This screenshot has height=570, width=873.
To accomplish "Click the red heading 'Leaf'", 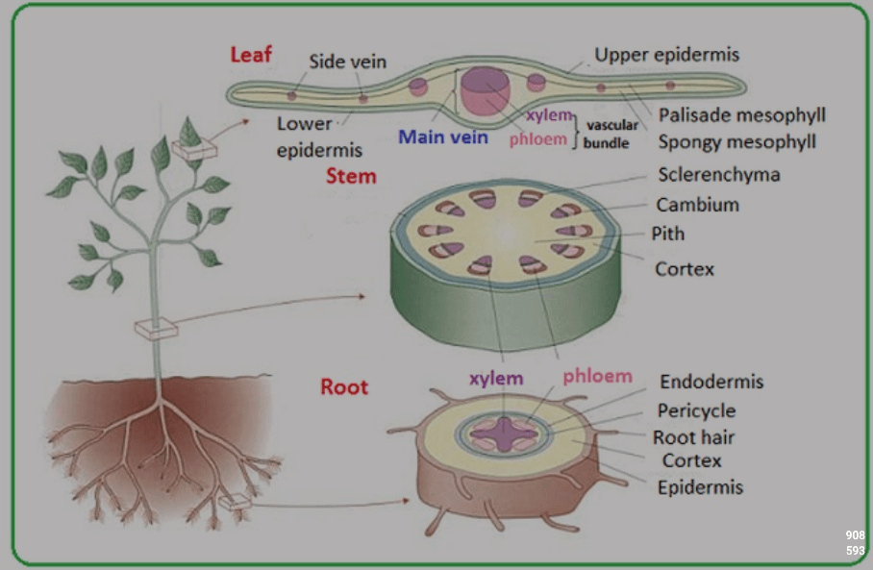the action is coord(251,55).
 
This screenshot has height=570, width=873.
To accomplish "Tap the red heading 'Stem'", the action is coord(351,176).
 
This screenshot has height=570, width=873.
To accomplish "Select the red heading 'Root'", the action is coord(344,386).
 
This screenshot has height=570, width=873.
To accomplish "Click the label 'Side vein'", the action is coord(347,62).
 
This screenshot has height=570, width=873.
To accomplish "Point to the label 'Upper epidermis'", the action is coord(666,55).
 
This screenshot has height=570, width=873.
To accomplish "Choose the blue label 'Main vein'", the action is coord(443,136).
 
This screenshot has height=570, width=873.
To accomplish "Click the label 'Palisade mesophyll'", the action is coord(741,115).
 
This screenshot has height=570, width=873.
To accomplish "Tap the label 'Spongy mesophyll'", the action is coord(737,142).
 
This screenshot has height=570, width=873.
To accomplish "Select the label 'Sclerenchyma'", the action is coord(719,175).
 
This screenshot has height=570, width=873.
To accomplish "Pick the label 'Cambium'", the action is coord(698,205).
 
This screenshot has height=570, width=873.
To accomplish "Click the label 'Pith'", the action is coord(668,234).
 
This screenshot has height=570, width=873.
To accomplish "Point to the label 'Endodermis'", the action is coord(711,382).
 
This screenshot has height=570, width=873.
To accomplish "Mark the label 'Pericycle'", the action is coord(696,410).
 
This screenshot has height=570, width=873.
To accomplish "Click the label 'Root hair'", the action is coord(694,437).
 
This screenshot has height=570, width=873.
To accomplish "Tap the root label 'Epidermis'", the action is coord(700,487).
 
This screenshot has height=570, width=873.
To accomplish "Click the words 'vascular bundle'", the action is coord(610,135).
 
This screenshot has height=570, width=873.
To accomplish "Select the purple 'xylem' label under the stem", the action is coord(496,379).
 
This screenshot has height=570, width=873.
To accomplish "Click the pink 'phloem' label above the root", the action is coord(597,377).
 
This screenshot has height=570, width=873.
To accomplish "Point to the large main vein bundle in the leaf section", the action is coord(485,90).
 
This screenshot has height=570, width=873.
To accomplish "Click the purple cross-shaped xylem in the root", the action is coord(504,434).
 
